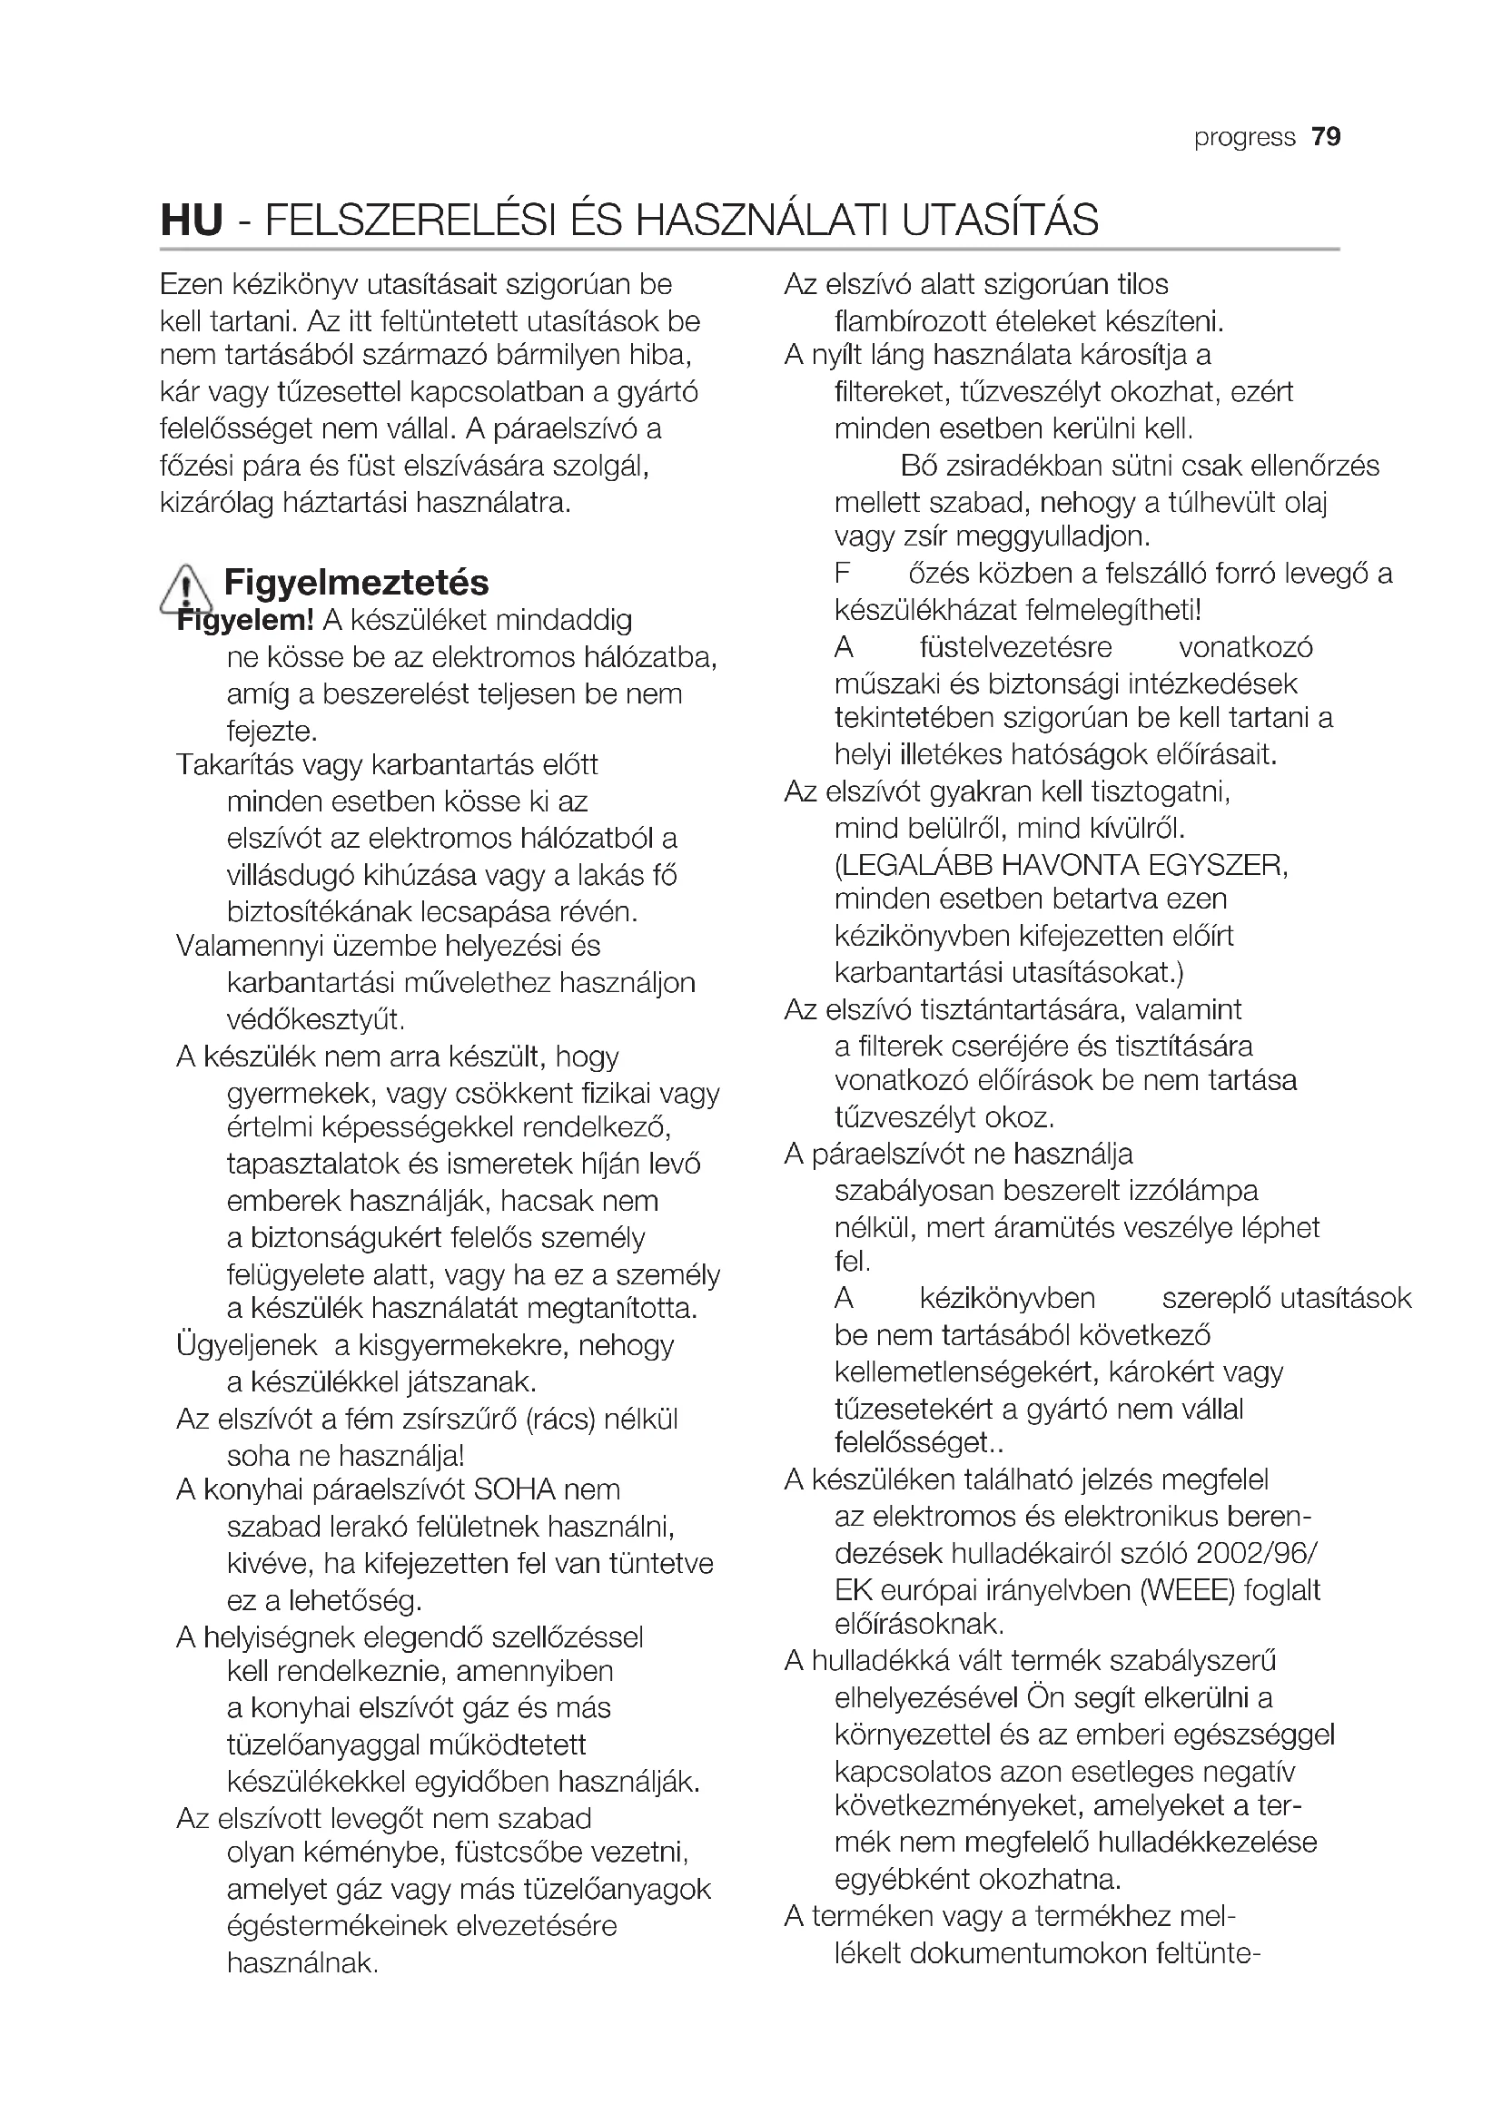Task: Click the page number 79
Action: coord(1325,137)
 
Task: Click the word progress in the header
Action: coord(1244,138)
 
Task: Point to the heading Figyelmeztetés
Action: coord(356,583)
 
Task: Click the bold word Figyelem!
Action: coord(245,621)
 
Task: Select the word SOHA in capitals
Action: coord(513,1489)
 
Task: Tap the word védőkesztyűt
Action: coord(315,1020)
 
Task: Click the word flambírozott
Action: coord(911,322)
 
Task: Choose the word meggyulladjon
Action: coord(1052,536)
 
